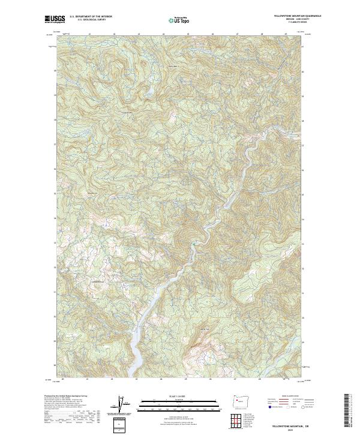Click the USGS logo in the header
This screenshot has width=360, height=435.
click(55, 19)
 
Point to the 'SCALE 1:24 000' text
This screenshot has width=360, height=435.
click(179, 396)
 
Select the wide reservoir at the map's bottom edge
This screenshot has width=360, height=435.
click(139, 354)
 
